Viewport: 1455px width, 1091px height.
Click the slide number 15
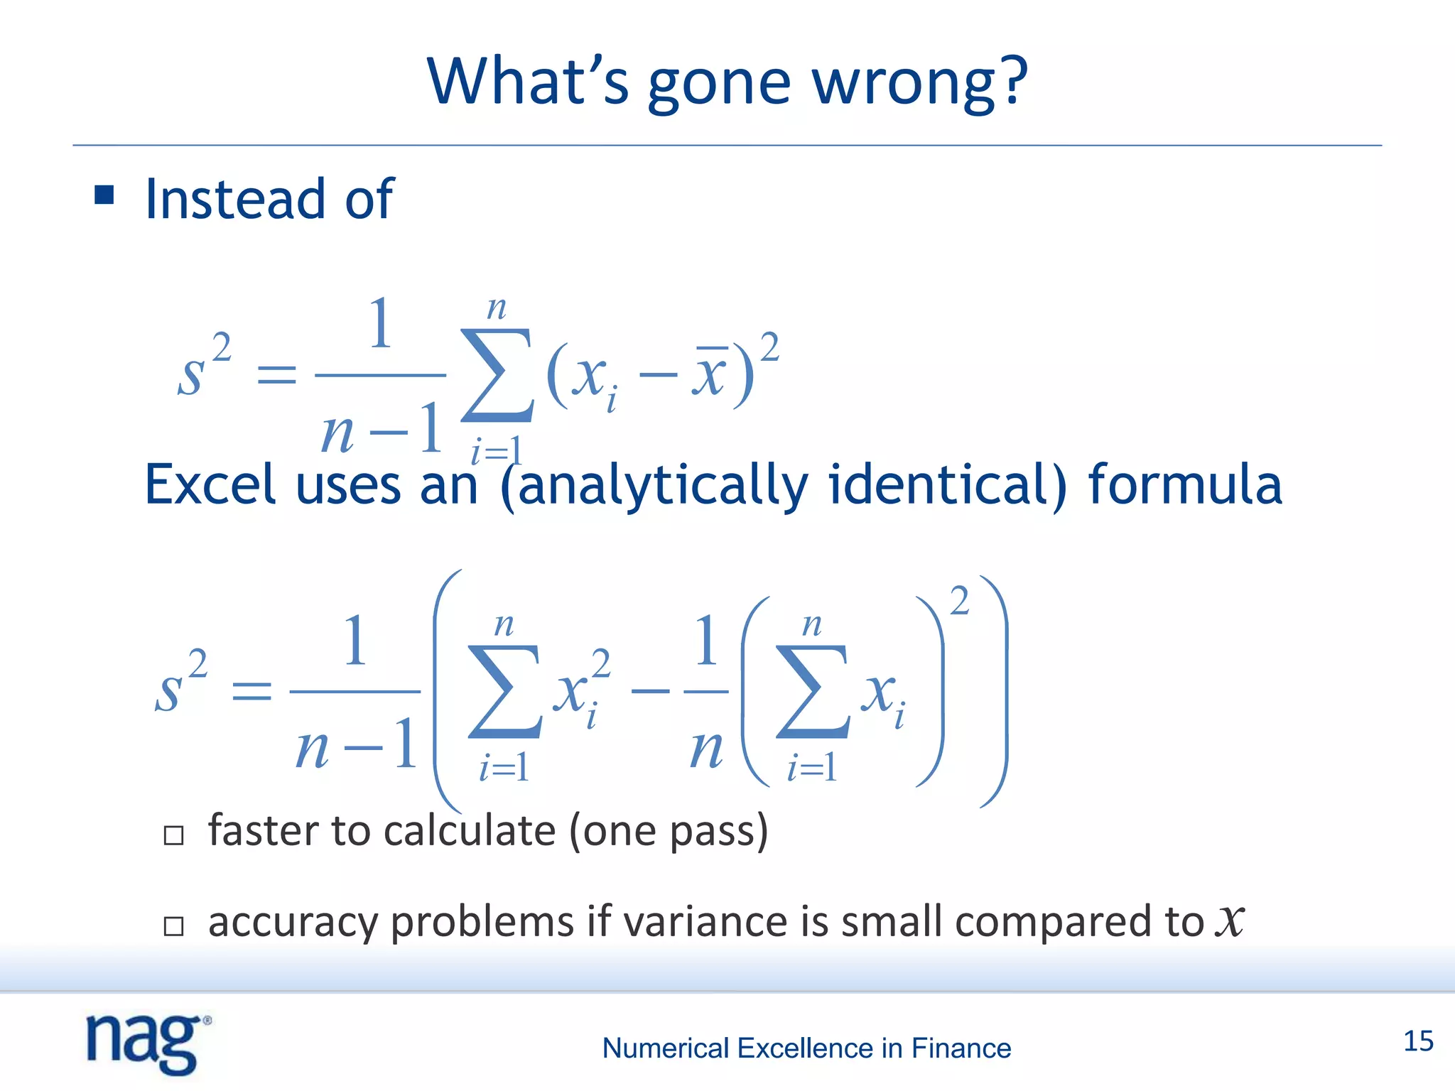pos(1418,1041)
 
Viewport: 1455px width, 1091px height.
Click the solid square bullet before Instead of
pos(104,195)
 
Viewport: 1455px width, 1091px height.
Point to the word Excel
pos(209,484)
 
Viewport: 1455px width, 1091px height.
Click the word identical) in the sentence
pos(948,484)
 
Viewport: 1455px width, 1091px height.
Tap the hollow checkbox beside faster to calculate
pos(173,835)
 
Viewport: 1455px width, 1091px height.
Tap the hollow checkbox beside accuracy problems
pos(173,926)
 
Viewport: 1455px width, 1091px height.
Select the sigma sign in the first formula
pos(496,374)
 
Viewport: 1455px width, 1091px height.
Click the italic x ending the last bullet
pos(1229,922)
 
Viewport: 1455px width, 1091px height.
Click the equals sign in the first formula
pos(276,374)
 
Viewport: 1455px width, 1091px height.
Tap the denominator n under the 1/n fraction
pos(706,749)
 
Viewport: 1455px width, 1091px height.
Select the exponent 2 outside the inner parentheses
pos(959,601)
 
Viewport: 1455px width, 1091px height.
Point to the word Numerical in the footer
pos(665,1048)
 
